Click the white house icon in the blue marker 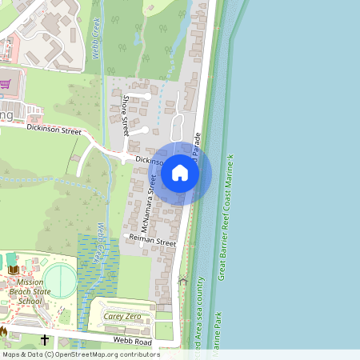tap(180, 172)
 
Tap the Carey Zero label tap(122, 317)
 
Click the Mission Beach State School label tap(26, 292)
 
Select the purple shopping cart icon tap(5, 82)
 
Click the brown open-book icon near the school tap(13, 271)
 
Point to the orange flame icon tap(4, 330)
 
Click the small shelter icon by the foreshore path tap(183, 281)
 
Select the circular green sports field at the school tap(61, 281)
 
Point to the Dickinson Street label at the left tap(54, 128)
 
